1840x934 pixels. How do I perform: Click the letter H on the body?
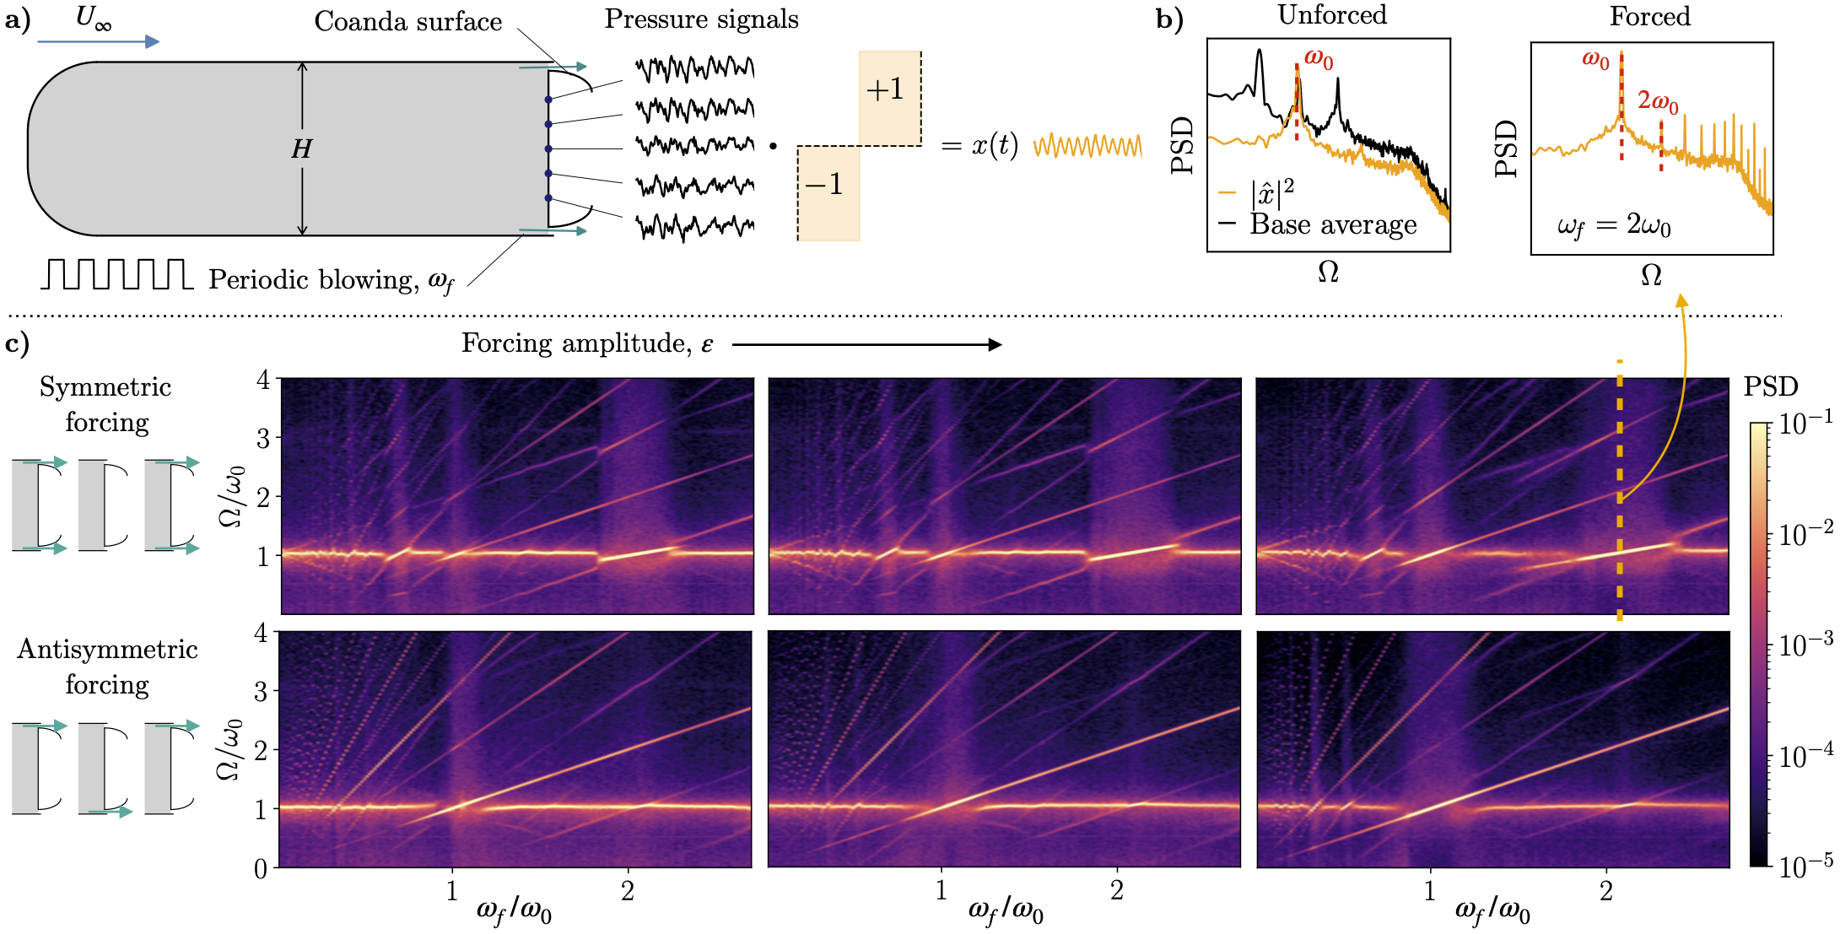click(x=301, y=149)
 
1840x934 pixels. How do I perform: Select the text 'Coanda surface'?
click(x=407, y=22)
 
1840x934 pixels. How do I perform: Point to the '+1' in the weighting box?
click(x=884, y=89)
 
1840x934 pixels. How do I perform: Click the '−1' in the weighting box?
click(x=823, y=184)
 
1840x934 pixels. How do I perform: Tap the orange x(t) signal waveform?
click(x=1087, y=147)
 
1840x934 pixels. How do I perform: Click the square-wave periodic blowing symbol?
click(x=116, y=274)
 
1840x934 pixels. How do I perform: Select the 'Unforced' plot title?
click(x=1332, y=15)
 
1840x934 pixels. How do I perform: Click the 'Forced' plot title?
click(x=1649, y=17)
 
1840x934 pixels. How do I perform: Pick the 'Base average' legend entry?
click(x=1333, y=225)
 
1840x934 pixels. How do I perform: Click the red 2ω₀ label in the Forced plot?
click(x=1658, y=102)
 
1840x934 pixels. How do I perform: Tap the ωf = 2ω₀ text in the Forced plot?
click(x=1614, y=226)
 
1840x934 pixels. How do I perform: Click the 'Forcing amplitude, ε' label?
click(x=587, y=344)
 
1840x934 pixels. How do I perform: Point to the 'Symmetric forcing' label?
click(x=106, y=404)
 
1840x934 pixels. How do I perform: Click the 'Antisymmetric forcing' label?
click(x=107, y=667)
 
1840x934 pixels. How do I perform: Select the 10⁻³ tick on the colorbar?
click(x=1805, y=645)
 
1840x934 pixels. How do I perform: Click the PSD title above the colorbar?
click(x=1771, y=387)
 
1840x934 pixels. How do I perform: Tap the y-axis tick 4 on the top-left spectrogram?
click(x=263, y=380)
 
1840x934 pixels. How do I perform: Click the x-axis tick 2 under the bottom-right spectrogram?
click(x=1605, y=891)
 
